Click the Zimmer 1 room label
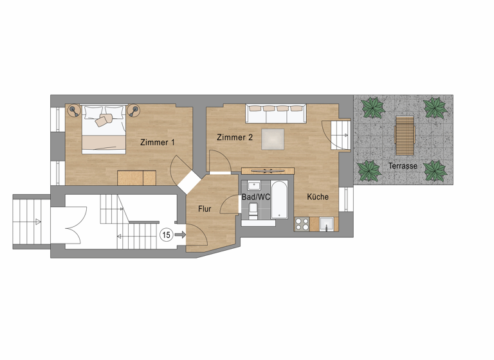(x=158, y=142)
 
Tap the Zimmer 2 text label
(x=235, y=138)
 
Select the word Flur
(x=205, y=209)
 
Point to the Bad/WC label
(x=256, y=196)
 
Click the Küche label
(x=318, y=197)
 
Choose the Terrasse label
(x=403, y=166)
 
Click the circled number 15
(x=166, y=235)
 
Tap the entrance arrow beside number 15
(x=179, y=235)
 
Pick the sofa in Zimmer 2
(x=275, y=113)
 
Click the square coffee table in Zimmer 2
(x=272, y=139)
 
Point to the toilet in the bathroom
(x=253, y=210)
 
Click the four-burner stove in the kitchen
(x=302, y=224)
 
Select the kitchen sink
(x=327, y=224)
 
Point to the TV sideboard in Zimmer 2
(x=268, y=170)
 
